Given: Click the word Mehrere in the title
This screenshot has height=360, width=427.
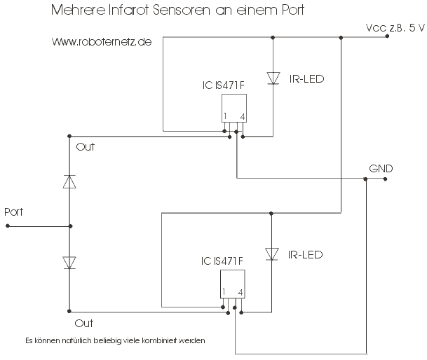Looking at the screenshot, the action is click(78, 10).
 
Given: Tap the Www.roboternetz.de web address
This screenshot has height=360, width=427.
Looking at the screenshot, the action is click(102, 42).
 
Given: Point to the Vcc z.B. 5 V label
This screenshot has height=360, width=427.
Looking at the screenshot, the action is click(395, 28).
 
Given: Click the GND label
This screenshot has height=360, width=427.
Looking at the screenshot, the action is click(381, 169).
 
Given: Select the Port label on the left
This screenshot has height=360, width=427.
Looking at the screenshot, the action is click(13, 212).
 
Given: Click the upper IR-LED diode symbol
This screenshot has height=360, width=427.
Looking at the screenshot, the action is click(273, 78).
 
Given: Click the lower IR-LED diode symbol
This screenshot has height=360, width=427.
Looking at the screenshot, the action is click(271, 254).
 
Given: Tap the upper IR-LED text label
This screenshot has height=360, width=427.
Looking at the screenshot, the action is click(306, 79).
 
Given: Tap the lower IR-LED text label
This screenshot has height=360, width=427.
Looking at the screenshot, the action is click(305, 255).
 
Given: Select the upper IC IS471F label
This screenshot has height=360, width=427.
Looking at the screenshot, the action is click(223, 85).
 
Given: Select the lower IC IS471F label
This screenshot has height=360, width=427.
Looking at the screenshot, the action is click(222, 261).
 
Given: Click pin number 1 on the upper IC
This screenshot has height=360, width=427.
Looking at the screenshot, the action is click(225, 116).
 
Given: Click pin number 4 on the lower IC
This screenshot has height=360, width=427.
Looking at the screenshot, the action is click(240, 293).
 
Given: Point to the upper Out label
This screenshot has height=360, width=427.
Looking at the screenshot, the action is click(86, 147).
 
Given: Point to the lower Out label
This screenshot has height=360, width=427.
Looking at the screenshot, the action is click(84, 324).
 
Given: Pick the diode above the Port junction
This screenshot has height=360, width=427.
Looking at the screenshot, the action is click(69, 182).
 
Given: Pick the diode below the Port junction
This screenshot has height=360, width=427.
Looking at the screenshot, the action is click(69, 263).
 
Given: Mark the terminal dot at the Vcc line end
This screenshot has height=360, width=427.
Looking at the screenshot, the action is click(387, 36).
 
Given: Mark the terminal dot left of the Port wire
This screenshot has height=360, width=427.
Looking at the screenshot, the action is click(8, 226).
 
